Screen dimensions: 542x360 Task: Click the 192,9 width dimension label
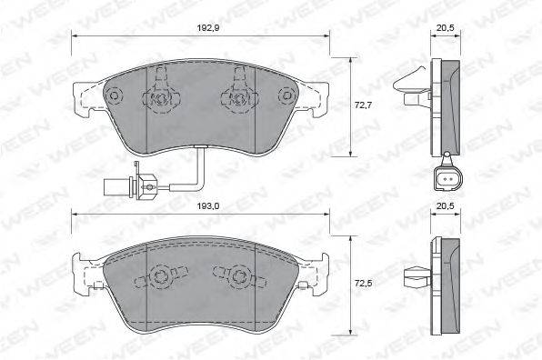[208, 28]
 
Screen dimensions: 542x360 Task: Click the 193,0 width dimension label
[208, 206]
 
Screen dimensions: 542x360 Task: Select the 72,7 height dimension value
[363, 105]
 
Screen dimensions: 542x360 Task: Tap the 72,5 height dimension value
[363, 284]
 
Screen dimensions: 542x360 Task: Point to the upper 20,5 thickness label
[446, 28]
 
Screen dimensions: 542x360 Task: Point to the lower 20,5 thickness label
[446, 206]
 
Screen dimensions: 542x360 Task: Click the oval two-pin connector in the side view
[447, 179]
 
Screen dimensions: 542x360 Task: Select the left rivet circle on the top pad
[113, 95]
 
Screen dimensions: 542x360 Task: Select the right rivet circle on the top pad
[286, 95]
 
